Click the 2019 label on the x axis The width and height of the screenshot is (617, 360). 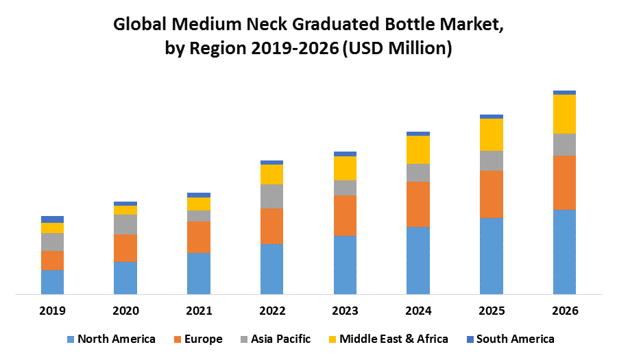pos(52,311)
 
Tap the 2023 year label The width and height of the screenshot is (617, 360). pos(345,311)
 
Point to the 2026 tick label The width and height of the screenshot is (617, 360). pos(564,311)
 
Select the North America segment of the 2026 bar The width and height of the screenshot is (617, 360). pos(564,252)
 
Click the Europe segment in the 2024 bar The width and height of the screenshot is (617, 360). pos(418,204)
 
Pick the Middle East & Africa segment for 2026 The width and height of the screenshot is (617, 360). pos(564,114)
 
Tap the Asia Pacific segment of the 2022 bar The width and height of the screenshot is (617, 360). pos(271,196)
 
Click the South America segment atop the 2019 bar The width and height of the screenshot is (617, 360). pos(52,219)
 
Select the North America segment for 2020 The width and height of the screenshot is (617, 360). pos(125,278)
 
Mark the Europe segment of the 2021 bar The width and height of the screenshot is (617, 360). pos(199,237)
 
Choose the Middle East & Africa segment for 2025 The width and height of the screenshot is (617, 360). pos(492,134)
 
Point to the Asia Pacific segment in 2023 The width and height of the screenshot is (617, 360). pos(345,188)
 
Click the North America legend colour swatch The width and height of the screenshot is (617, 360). pos(70,339)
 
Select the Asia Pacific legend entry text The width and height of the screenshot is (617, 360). pos(280,339)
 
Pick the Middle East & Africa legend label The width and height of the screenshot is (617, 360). pos(394,339)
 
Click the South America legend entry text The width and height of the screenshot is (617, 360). pos(516,339)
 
